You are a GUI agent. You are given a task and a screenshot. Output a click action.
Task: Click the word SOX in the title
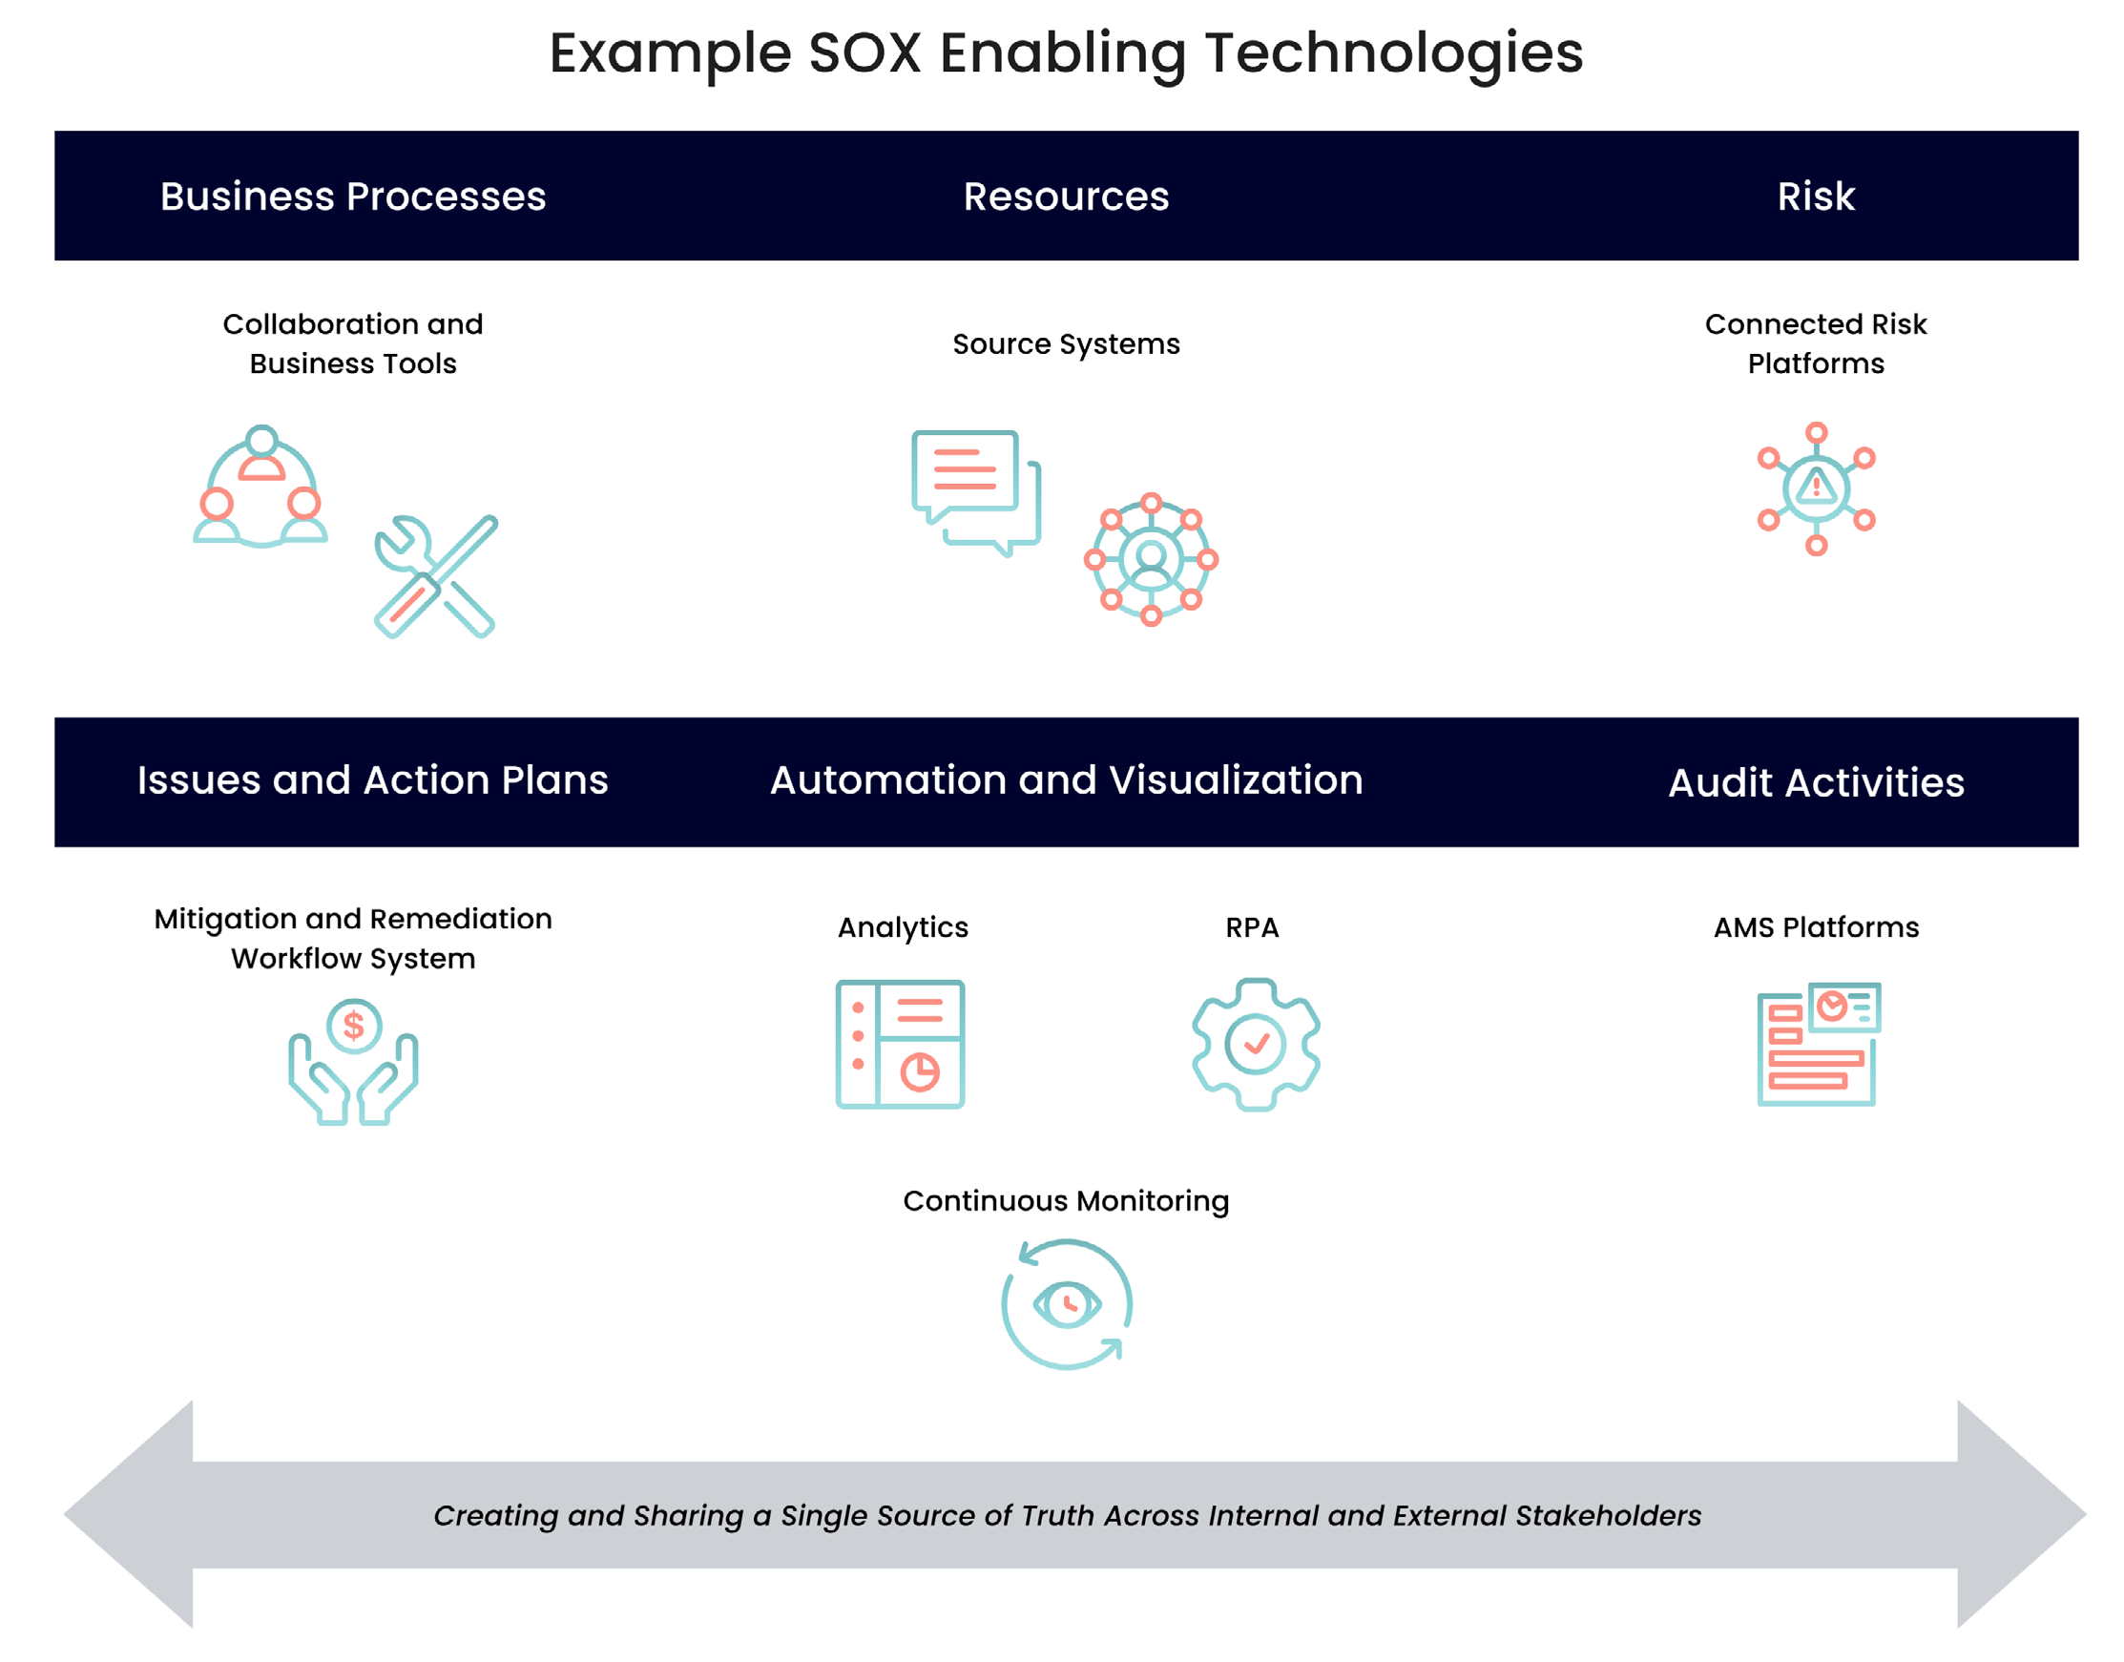pos(864,53)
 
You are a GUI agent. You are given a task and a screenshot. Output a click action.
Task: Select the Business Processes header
pos(353,197)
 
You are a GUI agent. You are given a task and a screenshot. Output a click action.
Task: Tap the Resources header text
pos(1067,197)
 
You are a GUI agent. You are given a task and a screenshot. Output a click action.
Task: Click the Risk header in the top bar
pos(1816,197)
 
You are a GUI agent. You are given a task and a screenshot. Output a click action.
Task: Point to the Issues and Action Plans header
pos(373,780)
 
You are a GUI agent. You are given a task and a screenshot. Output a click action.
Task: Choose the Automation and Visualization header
pos(1067,780)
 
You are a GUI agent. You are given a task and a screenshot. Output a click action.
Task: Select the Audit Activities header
pos(1816,783)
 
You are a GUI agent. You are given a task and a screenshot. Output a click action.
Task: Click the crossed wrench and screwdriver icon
pos(435,576)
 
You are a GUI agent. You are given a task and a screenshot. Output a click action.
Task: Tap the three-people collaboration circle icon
pos(260,487)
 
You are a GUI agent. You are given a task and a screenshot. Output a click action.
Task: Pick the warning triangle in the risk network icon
pos(1816,486)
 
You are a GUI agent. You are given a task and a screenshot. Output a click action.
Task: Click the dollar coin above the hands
pos(353,1026)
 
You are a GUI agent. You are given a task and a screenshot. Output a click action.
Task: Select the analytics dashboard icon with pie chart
pos(900,1044)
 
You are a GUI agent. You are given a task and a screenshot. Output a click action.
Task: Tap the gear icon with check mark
pos(1255,1044)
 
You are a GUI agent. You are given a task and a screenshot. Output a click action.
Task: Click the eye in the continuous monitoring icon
pos(1067,1304)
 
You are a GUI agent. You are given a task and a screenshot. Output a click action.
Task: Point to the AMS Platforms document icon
pos(1817,1044)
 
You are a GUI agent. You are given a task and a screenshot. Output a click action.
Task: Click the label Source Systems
pos(1067,344)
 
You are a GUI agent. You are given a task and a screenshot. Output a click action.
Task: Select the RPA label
pos(1252,927)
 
